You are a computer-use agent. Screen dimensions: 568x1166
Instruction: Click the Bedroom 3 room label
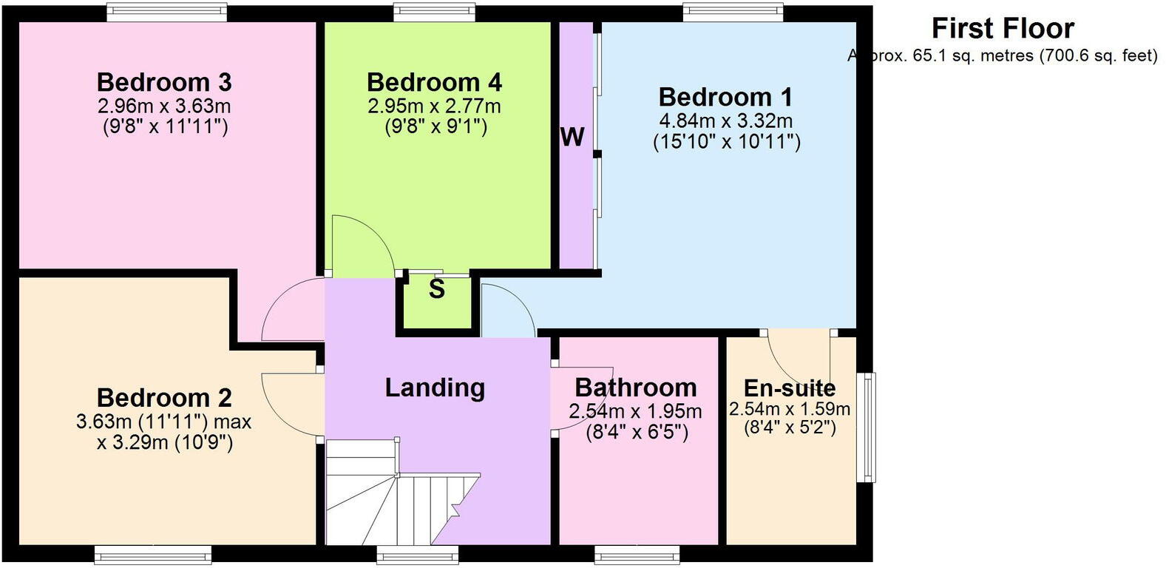pyautogui.click(x=164, y=81)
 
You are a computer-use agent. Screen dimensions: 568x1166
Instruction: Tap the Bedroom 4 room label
pyautogui.click(x=434, y=81)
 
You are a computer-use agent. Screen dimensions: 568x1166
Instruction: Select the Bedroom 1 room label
pyautogui.click(x=725, y=97)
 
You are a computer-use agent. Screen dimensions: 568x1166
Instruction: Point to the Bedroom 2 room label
pyautogui.click(x=164, y=398)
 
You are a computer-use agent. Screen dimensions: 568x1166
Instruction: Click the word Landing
pyautogui.click(x=435, y=388)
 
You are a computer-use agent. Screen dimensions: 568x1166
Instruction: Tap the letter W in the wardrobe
pyautogui.click(x=573, y=137)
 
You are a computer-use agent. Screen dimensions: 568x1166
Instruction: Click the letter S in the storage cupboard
pyautogui.click(x=437, y=290)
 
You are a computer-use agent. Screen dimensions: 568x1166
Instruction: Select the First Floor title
pyautogui.click(x=1002, y=28)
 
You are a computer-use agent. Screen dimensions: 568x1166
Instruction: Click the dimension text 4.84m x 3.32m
pyautogui.click(x=725, y=121)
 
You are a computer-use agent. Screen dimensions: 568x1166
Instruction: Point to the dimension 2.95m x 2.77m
pyautogui.click(x=434, y=106)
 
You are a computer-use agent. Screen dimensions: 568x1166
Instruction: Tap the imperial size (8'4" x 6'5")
pyautogui.click(x=637, y=432)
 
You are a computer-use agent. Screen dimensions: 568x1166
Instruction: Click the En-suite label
pyautogui.click(x=789, y=388)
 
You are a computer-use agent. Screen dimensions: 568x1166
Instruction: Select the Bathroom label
pyautogui.click(x=636, y=388)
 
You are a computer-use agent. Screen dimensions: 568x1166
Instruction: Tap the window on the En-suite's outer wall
pyautogui.click(x=866, y=427)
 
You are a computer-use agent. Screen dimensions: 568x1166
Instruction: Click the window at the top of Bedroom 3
pyautogui.click(x=166, y=11)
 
